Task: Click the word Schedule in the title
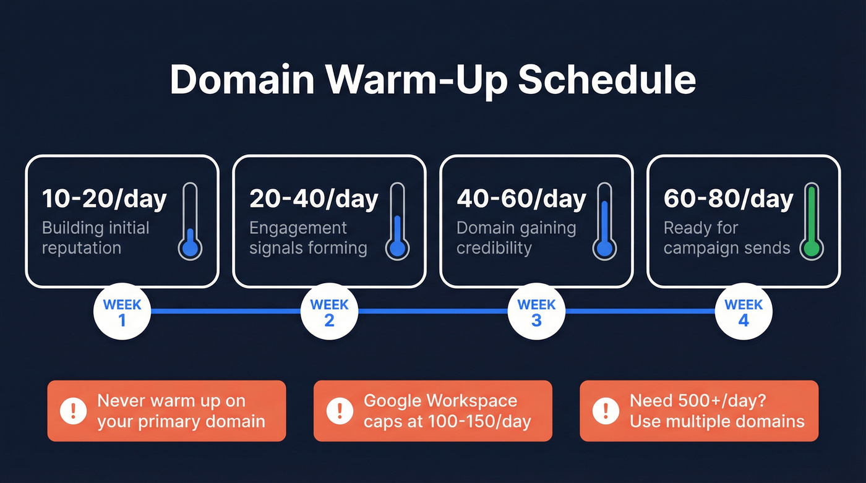pyautogui.click(x=607, y=80)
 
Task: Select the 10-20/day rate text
pyautogui.click(x=104, y=199)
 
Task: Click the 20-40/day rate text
pyautogui.click(x=314, y=199)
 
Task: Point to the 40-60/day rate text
pyautogui.click(x=521, y=199)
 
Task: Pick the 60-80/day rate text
pyautogui.click(x=728, y=199)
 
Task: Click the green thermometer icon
pyautogui.click(x=810, y=221)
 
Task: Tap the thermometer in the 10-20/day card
pyautogui.click(x=190, y=221)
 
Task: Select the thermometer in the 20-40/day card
pyautogui.click(x=397, y=221)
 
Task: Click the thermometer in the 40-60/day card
pyautogui.click(x=604, y=221)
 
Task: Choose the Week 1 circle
pyautogui.click(x=122, y=312)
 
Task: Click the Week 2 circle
pyautogui.click(x=329, y=312)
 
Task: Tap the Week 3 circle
pyautogui.click(x=536, y=312)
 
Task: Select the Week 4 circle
pyautogui.click(x=743, y=312)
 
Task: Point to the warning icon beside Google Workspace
pyautogui.click(x=340, y=411)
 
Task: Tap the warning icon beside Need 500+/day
pyautogui.click(x=606, y=411)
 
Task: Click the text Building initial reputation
pyautogui.click(x=95, y=238)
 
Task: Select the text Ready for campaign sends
pyautogui.click(x=726, y=238)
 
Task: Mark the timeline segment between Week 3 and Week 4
pyautogui.click(x=640, y=312)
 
